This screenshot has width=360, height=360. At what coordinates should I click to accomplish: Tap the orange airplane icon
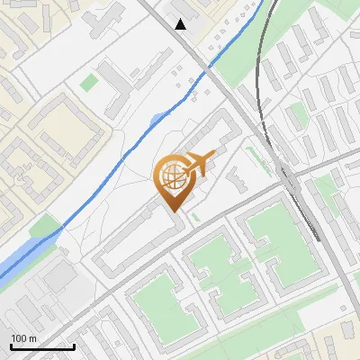point(200,164)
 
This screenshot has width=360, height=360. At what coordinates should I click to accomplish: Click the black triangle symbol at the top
point(181,24)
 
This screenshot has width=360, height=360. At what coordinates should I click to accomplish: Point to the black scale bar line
point(41,346)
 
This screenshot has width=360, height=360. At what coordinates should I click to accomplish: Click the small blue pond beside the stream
point(158,119)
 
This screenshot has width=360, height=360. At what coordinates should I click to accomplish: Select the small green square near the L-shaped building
point(88,83)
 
